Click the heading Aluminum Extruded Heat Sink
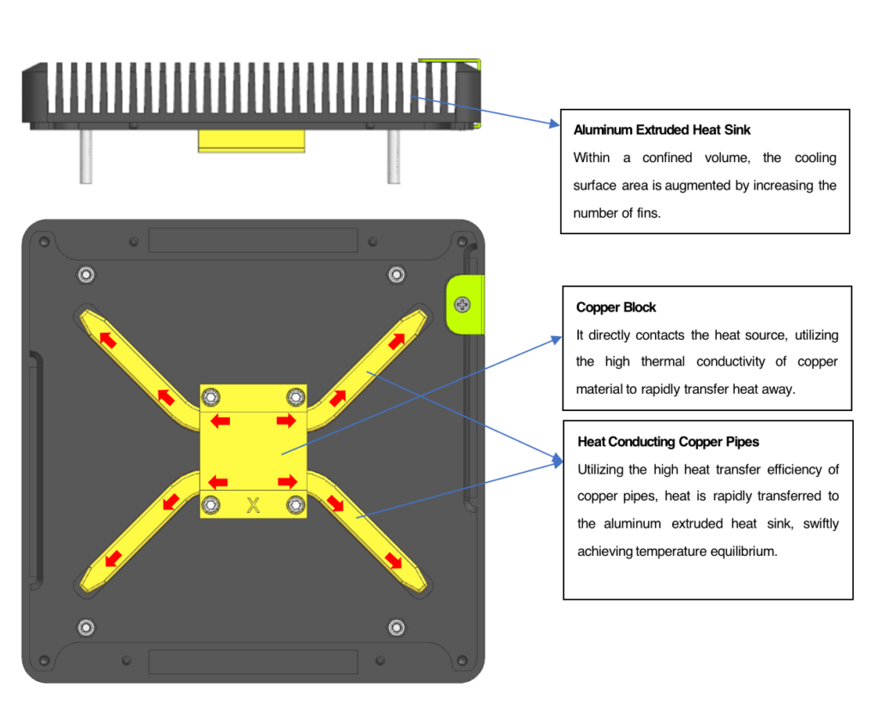pyautogui.click(x=661, y=130)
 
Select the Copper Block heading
pyautogui.click(x=616, y=307)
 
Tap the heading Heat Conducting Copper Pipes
pyautogui.click(x=668, y=442)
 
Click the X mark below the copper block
pyautogui.click(x=253, y=504)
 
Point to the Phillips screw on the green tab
pyautogui.click(x=462, y=305)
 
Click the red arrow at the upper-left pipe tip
pyautogui.click(x=108, y=340)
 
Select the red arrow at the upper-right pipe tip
pyautogui.click(x=397, y=340)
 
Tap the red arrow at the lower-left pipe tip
pyautogui.click(x=111, y=559)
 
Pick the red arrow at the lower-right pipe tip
pyautogui.click(x=393, y=560)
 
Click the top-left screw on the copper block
pyautogui.click(x=211, y=396)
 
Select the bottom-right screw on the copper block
pyautogui.click(x=296, y=504)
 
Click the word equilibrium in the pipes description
pyautogui.click(x=737, y=551)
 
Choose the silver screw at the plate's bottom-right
pyautogui.click(x=395, y=627)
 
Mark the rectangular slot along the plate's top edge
pyautogui.click(x=253, y=240)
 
